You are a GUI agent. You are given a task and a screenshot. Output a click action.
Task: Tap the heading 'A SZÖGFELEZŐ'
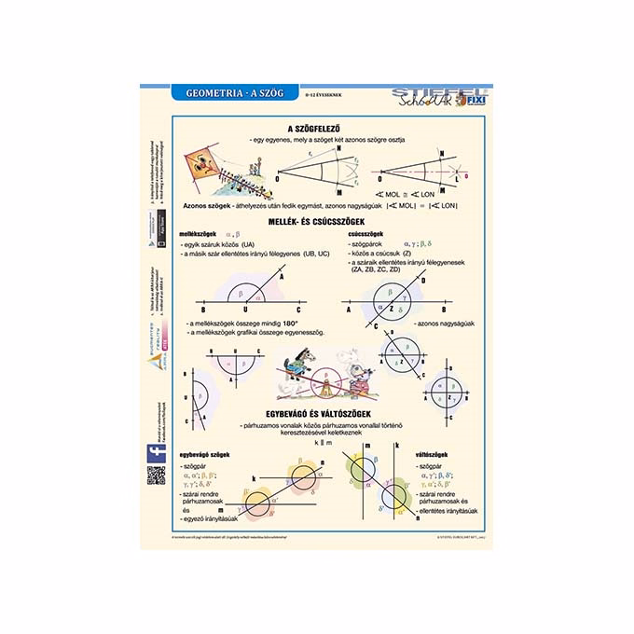[x=317, y=128]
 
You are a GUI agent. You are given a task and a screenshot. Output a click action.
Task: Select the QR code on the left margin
[x=156, y=475]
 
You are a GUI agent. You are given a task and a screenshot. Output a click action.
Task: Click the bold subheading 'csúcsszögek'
[x=364, y=234]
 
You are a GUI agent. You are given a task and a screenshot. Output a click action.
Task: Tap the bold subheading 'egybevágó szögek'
[x=204, y=454]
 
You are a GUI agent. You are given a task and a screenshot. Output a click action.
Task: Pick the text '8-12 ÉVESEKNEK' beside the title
[x=325, y=94]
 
